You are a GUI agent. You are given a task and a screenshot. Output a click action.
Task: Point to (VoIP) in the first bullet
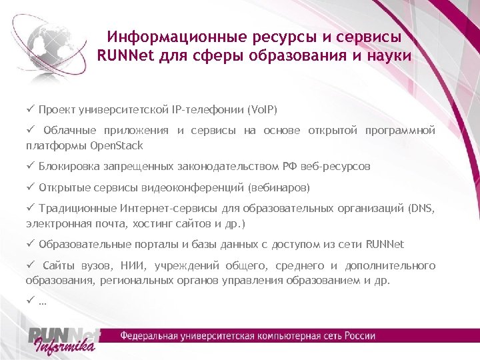coord(262,109)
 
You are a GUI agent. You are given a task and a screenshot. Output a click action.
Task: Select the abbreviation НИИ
coord(119,265)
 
